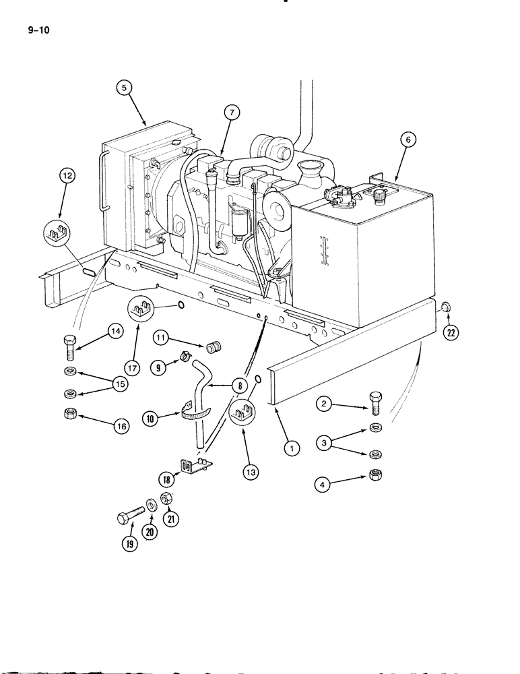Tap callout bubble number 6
click(407, 140)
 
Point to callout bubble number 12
click(67, 177)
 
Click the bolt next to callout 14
click(71, 346)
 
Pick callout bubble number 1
click(290, 446)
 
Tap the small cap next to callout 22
click(445, 307)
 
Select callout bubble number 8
click(238, 386)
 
